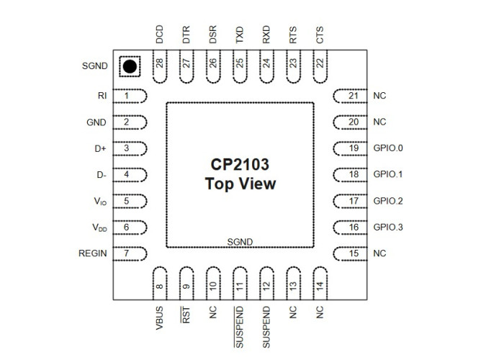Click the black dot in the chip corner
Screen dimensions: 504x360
pos(130,66)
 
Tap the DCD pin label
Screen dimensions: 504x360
pos(159,35)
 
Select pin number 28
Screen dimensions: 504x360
pos(159,63)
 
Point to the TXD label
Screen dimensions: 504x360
pos(240,35)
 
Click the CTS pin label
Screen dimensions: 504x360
pos(320,35)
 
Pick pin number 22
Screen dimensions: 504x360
pos(320,63)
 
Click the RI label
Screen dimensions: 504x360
pos(102,96)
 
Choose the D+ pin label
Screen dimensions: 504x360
pos(100,149)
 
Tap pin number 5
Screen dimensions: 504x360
pos(126,201)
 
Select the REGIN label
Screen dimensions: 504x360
pos(93,253)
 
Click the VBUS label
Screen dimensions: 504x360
pos(159,318)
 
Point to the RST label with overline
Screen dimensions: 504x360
pos(186,315)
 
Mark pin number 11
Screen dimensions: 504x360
pos(240,286)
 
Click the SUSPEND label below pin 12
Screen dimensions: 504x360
pos(266,327)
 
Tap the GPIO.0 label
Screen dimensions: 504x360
pos(388,148)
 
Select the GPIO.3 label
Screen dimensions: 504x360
pos(388,228)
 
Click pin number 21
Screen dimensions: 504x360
pos(354,96)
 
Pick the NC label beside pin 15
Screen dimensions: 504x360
pos(379,253)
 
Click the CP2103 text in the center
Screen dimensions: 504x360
pos(240,164)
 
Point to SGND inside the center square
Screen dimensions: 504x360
pos(240,242)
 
